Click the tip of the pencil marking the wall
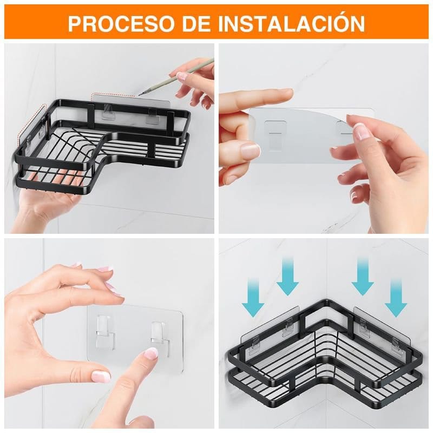click(x=140, y=94)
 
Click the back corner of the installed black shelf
click(x=328, y=300)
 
